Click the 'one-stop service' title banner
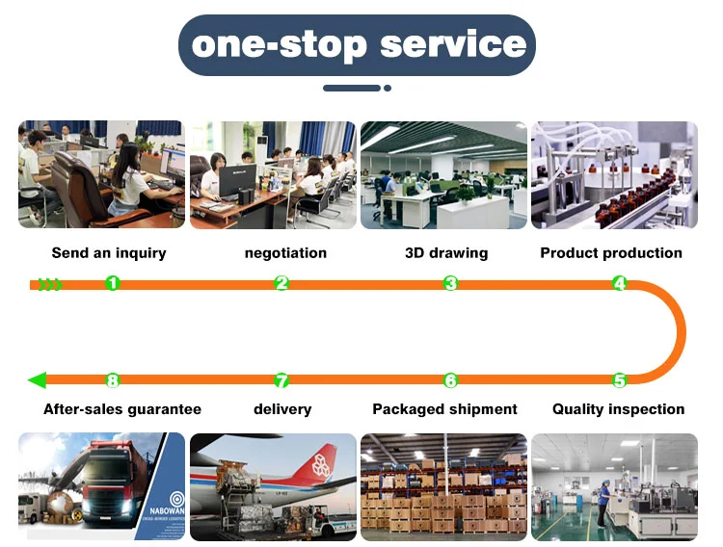[x=357, y=44]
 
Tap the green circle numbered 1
[x=113, y=283]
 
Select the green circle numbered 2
[x=281, y=283]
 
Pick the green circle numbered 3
[x=450, y=283]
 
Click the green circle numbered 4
[x=619, y=283]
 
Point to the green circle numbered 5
[x=619, y=380]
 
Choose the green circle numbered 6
[x=450, y=380]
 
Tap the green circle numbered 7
[x=281, y=380]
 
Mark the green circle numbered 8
[x=113, y=380]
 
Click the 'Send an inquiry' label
[x=109, y=253]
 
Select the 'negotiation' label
[x=285, y=253]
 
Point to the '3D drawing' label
[x=446, y=253]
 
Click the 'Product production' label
[x=611, y=253]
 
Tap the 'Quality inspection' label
[x=618, y=409]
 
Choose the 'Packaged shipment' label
[x=445, y=409]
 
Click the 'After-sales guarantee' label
[x=122, y=409]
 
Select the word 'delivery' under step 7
[x=282, y=409]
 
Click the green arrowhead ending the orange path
[x=37, y=380]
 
